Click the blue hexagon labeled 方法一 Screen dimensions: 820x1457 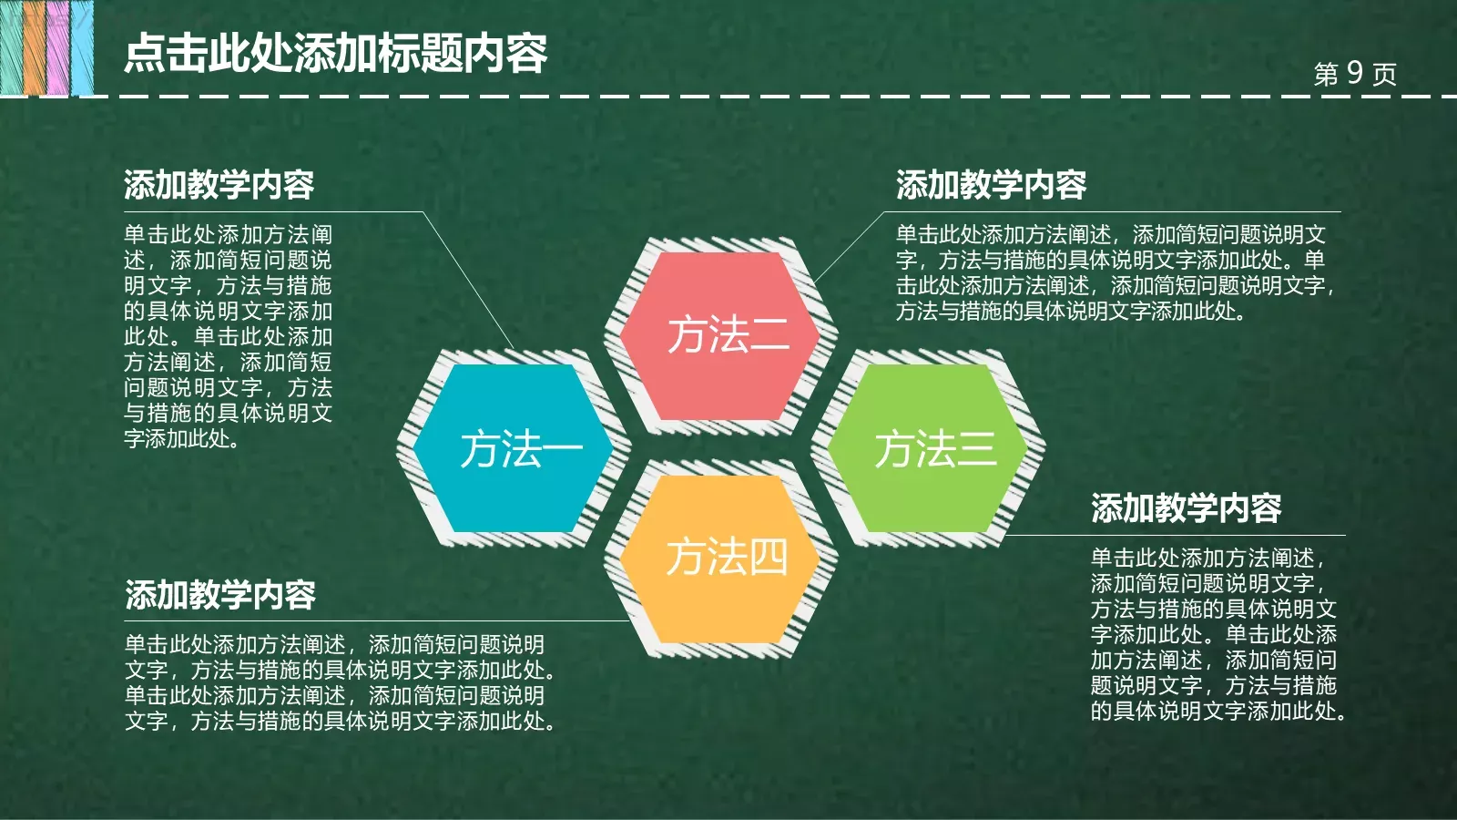(513, 448)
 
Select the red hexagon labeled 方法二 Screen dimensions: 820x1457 (728, 335)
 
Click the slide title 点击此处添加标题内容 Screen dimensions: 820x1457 (335, 54)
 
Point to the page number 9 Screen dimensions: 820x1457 (1354, 73)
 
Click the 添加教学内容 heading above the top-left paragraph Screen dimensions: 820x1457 (219, 185)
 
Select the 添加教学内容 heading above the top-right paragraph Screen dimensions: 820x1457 (991, 185)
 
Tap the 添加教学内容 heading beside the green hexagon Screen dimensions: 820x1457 (1186, 507)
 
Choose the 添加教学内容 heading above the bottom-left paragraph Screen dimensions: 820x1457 (220, 595)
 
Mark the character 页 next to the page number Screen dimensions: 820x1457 (1384, 74)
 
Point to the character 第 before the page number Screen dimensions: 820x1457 (1326, 74)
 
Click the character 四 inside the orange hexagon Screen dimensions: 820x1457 (768, 558)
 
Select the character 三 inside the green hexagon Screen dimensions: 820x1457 (975, 449)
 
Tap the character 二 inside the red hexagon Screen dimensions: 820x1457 (769, 335)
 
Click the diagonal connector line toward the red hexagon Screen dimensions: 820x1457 (848, 247)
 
